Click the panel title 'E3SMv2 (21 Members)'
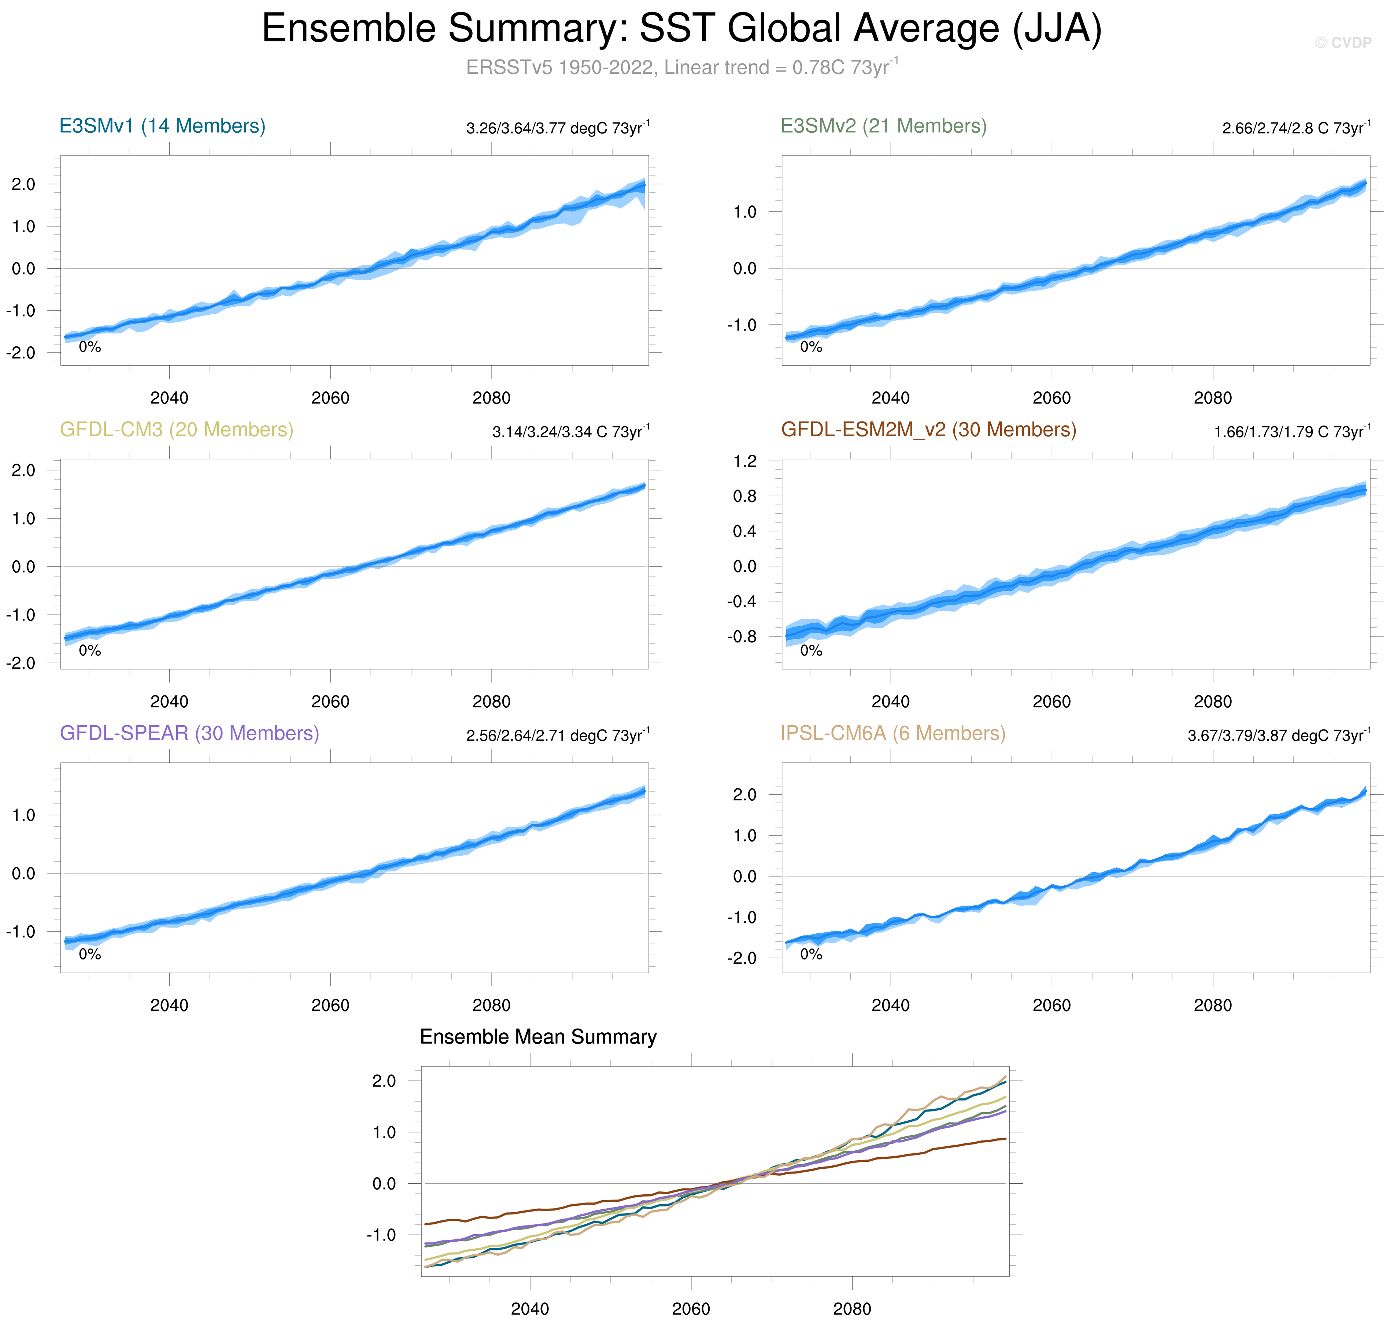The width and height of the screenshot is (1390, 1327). (883, 126)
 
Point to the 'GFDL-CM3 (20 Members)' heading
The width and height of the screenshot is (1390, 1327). (177, 430)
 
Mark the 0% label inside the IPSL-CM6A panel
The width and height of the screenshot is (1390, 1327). (811, 954)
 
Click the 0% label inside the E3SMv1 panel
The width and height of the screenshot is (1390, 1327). (90, 347)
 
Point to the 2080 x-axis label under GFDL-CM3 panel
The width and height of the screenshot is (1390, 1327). (491, 702)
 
